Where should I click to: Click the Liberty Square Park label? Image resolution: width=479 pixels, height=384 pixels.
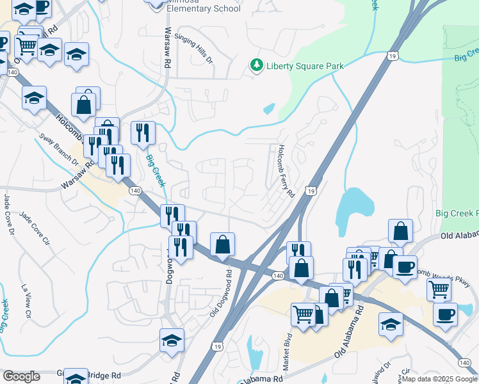(x=305, y=66)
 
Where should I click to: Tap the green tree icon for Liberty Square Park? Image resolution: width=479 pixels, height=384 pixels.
(x=256, y=65)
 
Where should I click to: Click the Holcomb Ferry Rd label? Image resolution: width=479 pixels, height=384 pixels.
(x=285, y=170)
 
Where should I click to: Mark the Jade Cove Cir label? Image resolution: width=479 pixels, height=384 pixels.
(x=35, y=228)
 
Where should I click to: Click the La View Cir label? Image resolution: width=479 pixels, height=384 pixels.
(x=27, y=301)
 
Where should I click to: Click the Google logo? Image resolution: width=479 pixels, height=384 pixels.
(x=21, y=376)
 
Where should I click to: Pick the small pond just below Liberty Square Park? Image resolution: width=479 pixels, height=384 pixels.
(x=269, y=109)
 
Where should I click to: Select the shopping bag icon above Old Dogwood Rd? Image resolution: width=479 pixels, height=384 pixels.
(x=222, y=245)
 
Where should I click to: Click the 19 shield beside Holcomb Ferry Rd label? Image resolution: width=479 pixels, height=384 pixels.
(x=310, y=191)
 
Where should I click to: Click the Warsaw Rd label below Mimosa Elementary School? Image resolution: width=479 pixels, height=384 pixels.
(x=166, y=48)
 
